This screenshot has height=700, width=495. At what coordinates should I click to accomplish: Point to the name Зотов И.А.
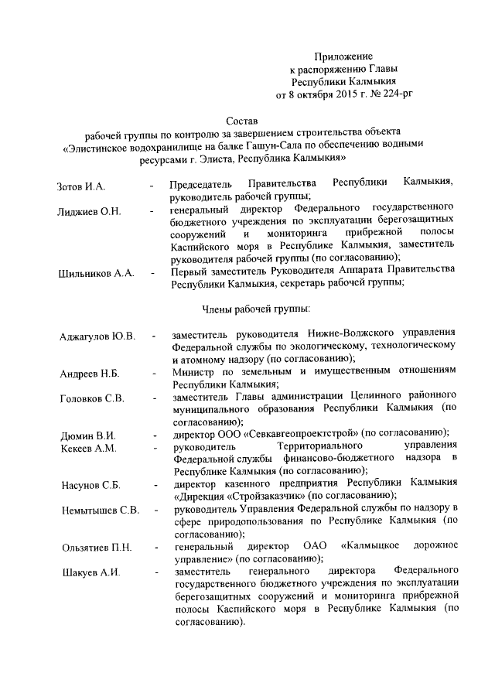coord(81,187)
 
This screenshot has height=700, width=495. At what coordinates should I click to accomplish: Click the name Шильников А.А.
coord(97,273)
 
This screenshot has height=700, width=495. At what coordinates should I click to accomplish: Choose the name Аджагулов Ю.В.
coord(97,336)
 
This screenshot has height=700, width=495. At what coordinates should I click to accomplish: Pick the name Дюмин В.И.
coord(87,435)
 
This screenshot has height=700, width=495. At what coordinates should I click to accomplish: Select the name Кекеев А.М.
coord(88,448)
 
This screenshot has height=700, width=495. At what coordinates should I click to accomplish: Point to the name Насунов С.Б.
coord(90,485)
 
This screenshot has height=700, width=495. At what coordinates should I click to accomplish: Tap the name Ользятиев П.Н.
coord(97,548)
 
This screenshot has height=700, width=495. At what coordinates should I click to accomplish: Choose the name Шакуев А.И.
coord(89,572)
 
